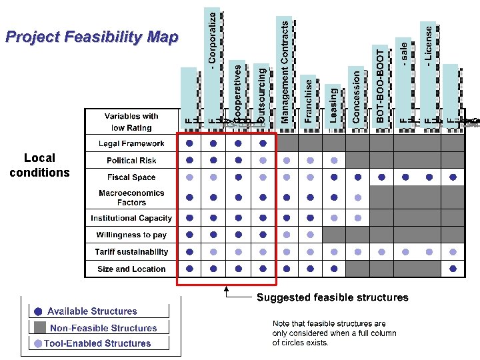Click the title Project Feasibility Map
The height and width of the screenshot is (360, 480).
coord(91,37)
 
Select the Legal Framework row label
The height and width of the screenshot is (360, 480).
coord(131,143)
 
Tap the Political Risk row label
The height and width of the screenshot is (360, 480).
coord(131,161)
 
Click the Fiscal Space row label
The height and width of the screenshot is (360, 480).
coord(131,177)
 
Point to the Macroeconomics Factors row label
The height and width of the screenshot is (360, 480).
coord(131,197)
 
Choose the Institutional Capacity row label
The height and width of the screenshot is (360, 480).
coord(131,218)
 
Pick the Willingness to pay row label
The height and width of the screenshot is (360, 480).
coord(131,235)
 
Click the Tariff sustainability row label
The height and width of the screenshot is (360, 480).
coord(131,252)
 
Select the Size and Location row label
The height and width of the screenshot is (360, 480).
coord(131,269)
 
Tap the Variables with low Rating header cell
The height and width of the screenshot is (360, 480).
coord(131,122)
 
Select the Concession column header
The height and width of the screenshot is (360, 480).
coord(357,96)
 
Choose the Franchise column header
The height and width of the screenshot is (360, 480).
coord(309,100)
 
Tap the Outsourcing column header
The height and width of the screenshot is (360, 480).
coord(261,93)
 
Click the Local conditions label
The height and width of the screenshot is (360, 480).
coord(39,165)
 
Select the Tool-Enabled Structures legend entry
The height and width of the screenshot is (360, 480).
coord(97,343)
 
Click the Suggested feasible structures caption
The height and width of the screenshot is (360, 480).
coord(333,297)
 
